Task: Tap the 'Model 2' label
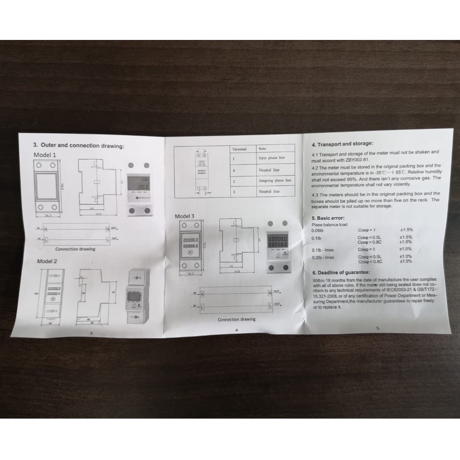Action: pos(48,261)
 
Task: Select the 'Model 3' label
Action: pos(185,216)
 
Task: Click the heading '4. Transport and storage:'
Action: pos(342,144)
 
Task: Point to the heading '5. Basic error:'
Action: pos(328,218)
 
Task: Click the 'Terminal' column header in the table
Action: pos(239,148)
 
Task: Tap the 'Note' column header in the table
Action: pos(262,148)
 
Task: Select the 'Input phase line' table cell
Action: pos(272,158)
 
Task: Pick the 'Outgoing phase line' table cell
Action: pos(275,180)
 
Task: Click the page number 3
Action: pos(92,333)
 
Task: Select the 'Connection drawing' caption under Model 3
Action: pos(237,319)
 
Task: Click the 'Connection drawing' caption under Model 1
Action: pos(75,249)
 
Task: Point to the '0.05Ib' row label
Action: pos(318,231)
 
